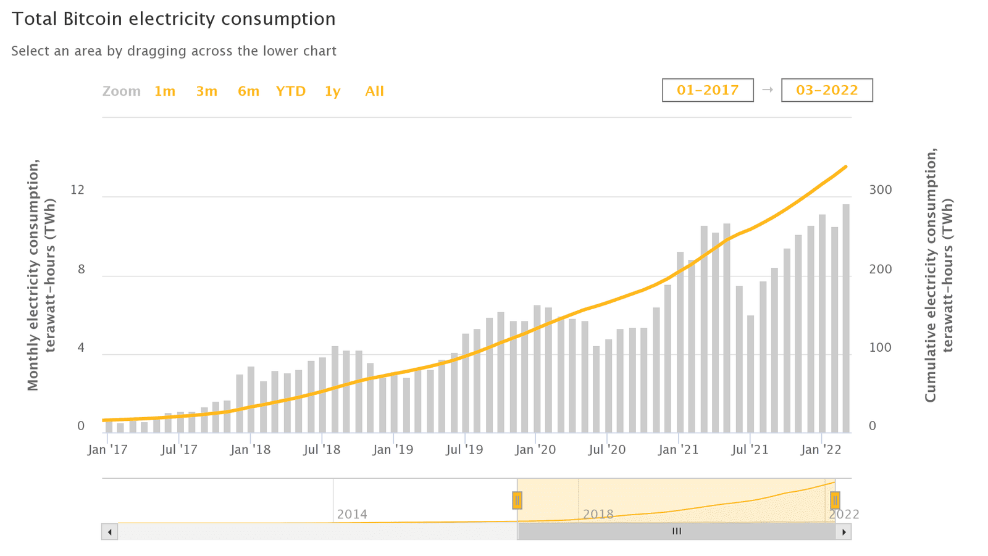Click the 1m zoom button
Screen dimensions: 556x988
[165, 91]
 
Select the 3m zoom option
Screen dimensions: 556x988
[207, 91]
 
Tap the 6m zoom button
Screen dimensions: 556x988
[248, 91]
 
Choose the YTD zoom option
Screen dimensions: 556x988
[291, 91]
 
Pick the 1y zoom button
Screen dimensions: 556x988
[332, 91]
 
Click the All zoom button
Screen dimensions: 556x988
[374, 91]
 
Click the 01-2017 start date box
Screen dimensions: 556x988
[708, 90]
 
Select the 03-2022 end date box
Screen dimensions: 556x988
[827, 90]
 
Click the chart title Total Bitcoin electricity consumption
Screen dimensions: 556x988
[174, 19]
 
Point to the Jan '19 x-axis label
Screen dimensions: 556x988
[393, 449]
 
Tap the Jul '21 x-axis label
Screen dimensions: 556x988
[750, 449]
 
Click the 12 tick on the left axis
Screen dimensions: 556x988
[77, 190]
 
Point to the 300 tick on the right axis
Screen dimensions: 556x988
[881, 190]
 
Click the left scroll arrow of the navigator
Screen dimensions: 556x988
[110, 531]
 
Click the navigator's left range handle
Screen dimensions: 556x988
[517, 500]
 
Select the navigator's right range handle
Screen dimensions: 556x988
[835, 500]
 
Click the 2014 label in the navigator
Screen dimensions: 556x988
[352, 514]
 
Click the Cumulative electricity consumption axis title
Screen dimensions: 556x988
[938, 275]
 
